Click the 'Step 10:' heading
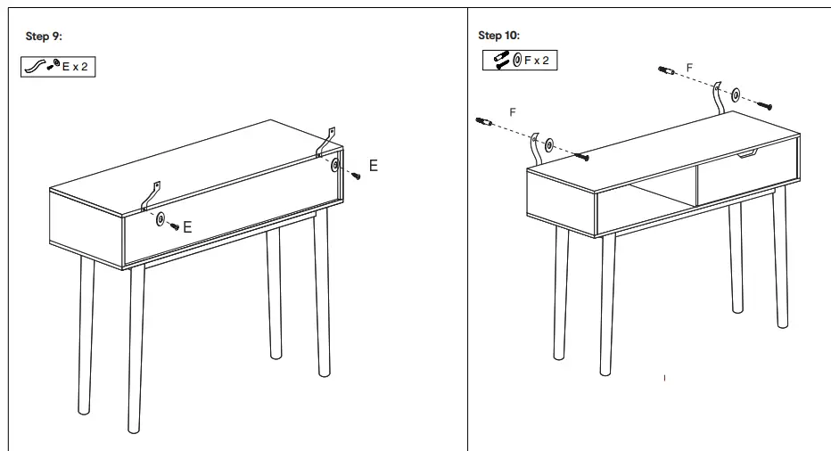[499, 36]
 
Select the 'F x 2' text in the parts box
[538, 60]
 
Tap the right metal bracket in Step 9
[326, 142]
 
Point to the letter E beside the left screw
[188, 228]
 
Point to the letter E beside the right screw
[373, 167]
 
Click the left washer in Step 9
[160, 219]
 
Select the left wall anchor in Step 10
[486, 121]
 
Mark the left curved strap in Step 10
[535, 148]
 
